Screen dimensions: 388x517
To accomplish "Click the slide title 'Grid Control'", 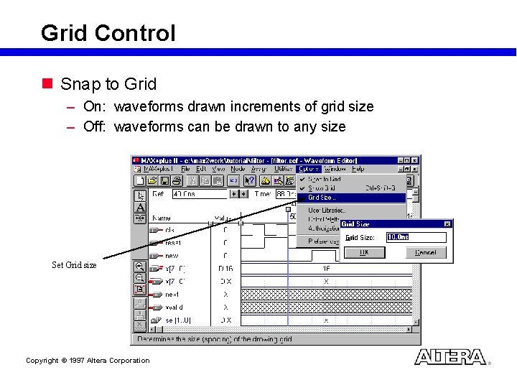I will click(108, 33).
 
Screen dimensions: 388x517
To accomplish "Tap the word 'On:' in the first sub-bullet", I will click(94, 107).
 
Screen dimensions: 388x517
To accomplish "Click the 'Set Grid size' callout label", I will click(74, 265).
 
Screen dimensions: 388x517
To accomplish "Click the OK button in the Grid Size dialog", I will click(364, 253).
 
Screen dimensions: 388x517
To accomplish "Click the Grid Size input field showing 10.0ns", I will click(416, 237).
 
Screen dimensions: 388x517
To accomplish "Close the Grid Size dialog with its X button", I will click(447, 224).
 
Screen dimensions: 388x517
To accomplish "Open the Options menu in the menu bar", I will click(309, 169).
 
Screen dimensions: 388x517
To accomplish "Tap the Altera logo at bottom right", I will click(450, 357).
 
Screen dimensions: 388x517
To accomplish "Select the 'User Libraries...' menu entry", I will click(327, 210).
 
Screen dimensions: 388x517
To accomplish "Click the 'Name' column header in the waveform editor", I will click(162, 218).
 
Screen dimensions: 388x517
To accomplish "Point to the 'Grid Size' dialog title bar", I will click(388, 224).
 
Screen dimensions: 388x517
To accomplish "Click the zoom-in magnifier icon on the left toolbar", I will click(140, 267).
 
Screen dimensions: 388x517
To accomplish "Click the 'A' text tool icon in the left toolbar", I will click(140, 207).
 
